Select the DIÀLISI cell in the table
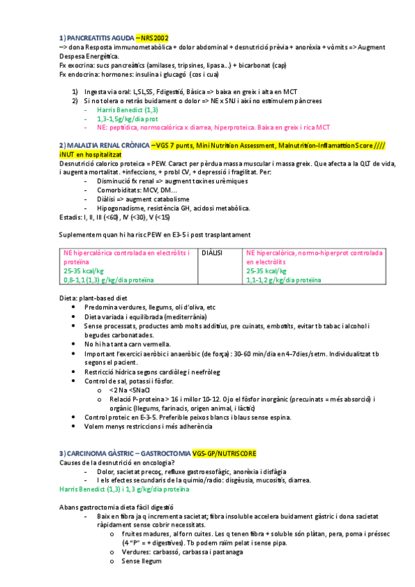point(212,253)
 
